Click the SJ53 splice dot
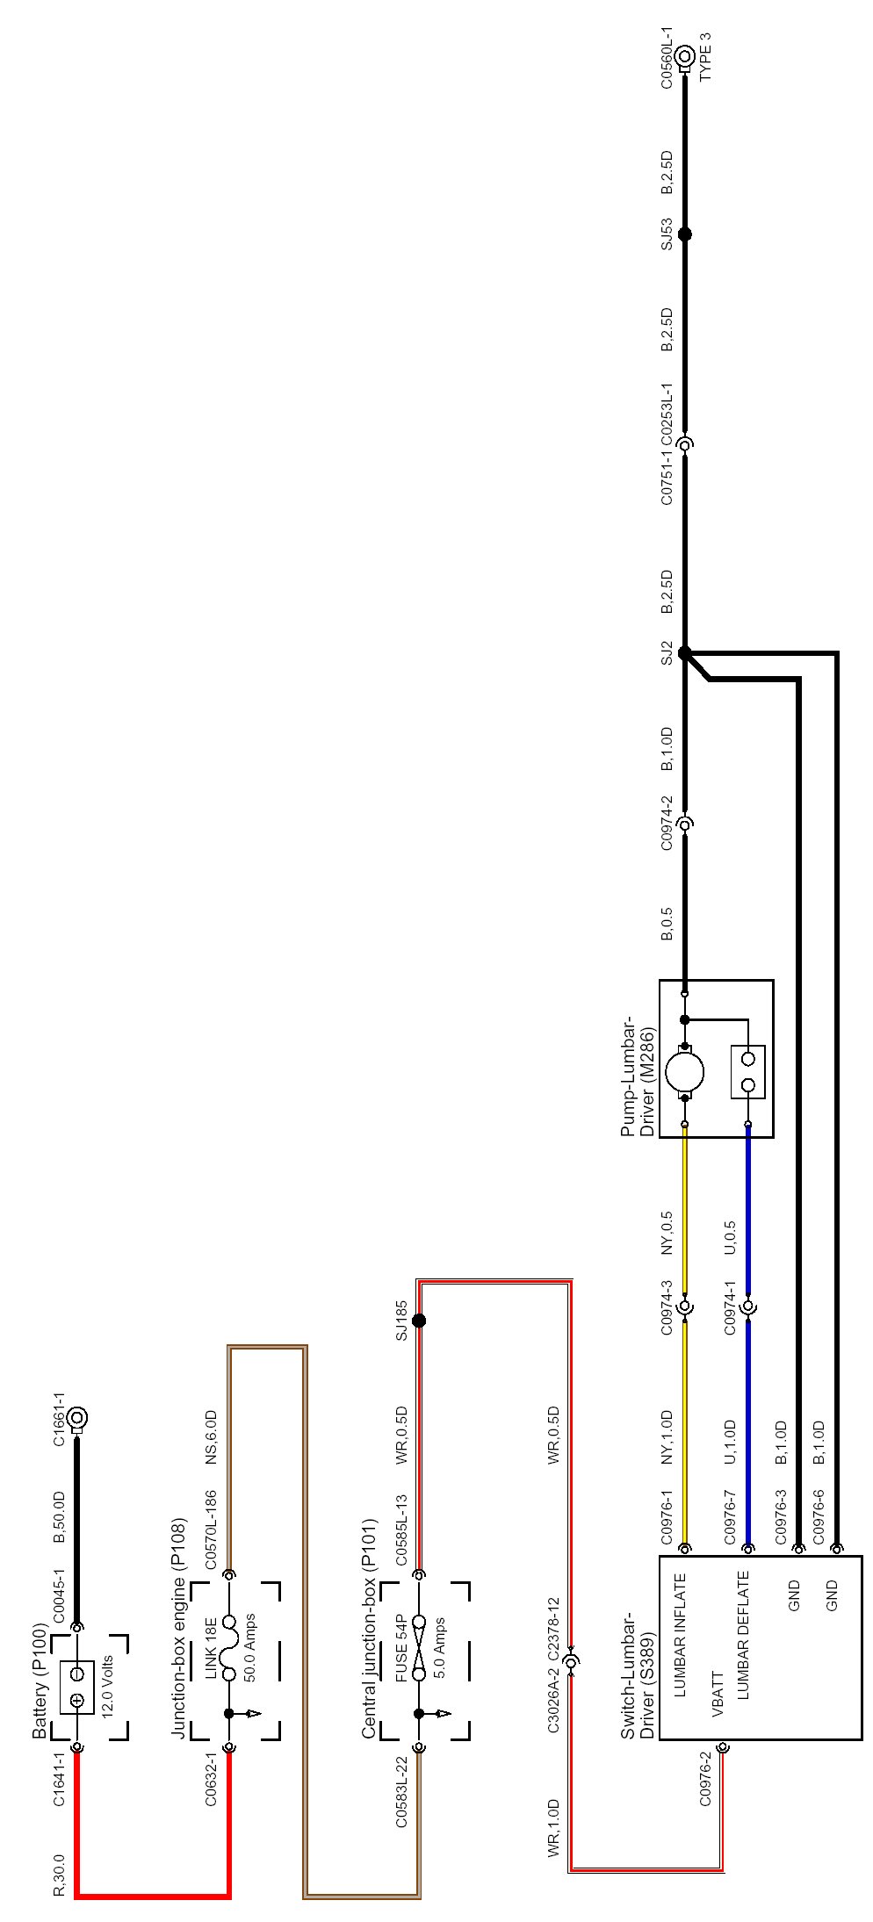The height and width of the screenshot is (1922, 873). coord(685,234)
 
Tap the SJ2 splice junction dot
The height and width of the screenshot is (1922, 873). coord(685,652)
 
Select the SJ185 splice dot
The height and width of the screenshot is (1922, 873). coord(419,1321)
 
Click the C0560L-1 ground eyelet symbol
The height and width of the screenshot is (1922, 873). coord(685,59)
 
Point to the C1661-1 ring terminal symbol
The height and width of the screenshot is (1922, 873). coord(77,1417)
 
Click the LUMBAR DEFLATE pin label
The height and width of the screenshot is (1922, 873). coord(743,1611)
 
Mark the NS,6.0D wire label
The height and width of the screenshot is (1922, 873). coord(211,1437)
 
